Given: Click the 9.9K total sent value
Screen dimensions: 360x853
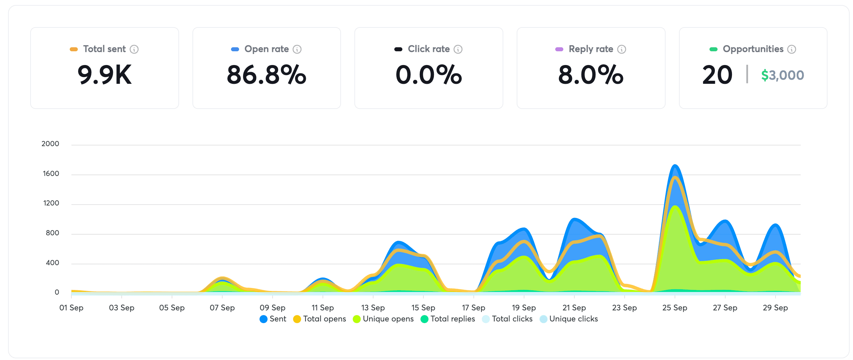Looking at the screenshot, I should (104, 75).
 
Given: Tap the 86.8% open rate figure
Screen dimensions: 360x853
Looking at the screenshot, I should (266, 75).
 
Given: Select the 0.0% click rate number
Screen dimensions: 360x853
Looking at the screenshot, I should (429, 75).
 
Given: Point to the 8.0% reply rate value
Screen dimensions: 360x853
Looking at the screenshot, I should (590, 75).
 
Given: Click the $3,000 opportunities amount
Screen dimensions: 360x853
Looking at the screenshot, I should (782, 75).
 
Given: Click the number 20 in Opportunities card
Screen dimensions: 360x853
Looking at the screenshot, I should (717, 75).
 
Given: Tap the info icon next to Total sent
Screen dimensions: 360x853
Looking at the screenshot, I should (134, 49).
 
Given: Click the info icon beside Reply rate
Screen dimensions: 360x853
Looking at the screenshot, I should (622, 49).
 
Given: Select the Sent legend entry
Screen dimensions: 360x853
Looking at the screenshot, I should (273, 319).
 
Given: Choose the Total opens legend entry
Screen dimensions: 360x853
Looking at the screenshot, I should (320, 319).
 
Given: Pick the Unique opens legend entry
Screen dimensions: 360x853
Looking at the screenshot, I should (383, 319).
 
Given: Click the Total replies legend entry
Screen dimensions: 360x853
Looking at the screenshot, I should (448, 319).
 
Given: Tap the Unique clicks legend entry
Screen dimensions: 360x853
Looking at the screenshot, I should (569, 319).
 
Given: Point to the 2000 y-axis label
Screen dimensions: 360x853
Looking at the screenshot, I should (50, 144).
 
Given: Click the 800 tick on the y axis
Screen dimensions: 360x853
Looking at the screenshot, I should (52, 233).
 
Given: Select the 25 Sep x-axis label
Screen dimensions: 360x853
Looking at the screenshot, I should (675, 308).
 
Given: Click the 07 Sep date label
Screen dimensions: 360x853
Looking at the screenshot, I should (222, 308).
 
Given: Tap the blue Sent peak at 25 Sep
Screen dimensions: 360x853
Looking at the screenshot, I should (675, 166).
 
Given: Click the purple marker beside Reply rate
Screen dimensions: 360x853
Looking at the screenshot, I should (559, 49).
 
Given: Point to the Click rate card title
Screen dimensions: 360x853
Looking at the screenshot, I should (429, 49).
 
